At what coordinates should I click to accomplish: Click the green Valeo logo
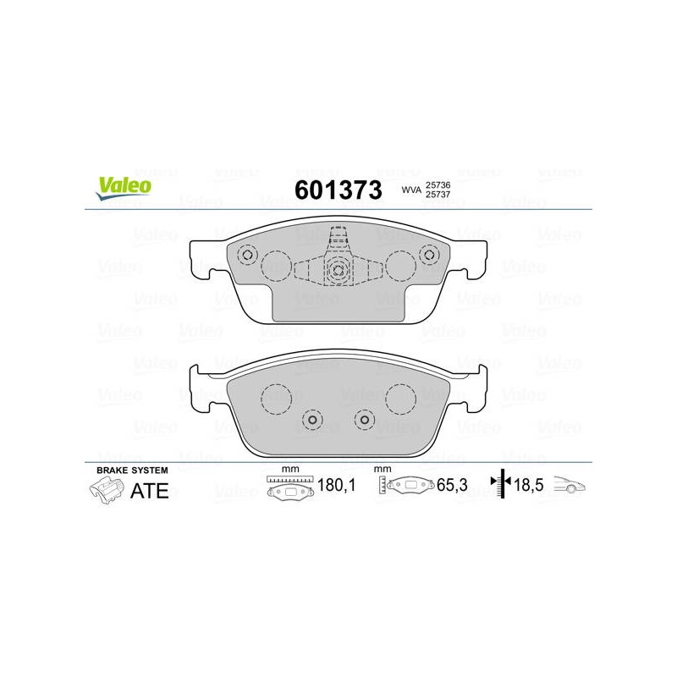click(124, 188)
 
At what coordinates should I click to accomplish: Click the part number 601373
click(338, 190)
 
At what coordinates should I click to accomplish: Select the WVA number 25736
click(438, 184)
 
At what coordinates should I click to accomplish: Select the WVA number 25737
click(438, 195)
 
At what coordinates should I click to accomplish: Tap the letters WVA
click(411, 190)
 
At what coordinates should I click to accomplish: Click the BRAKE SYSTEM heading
click(132, 471)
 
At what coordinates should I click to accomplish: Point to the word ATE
click(150, 491)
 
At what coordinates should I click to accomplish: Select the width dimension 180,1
click(336, 485)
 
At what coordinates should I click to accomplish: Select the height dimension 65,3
click(452, 485)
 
